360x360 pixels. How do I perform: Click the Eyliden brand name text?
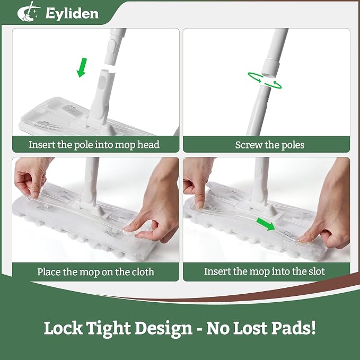click(x=72, y=14)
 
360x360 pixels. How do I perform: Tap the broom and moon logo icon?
click(x=29, y=12)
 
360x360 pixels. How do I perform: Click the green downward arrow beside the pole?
click(x=82, y=67)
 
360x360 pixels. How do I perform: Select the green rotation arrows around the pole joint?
click(x=265, y=81)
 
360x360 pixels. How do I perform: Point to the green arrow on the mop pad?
click(x=266, y=224)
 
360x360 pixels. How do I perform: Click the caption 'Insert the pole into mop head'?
click(x=94, y=145)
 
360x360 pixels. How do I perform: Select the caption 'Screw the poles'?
click(x=270, y=145)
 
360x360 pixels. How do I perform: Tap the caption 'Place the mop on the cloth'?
click(x=95, y=272)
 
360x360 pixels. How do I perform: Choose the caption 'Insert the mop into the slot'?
click(x=265, y=271)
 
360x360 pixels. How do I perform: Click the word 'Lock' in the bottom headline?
click(x=63, y=328)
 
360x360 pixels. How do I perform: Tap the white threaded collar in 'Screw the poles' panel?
click(x=271, y=67)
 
